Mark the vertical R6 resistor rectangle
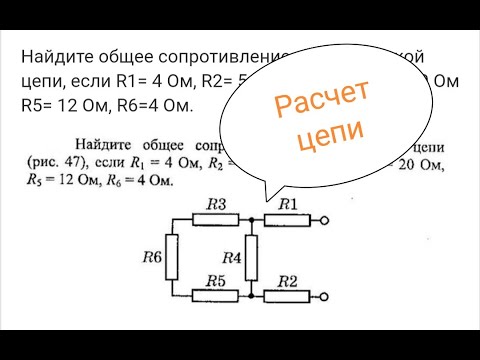pyautogui.click(x=174, y=258)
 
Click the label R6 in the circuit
pyautogui.click(x=152, y=257)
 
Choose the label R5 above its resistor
pyautogui.click(x=216, y=281)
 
